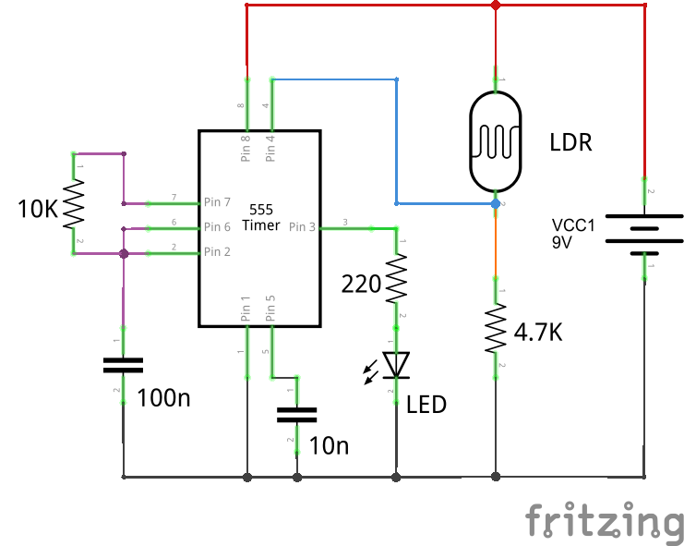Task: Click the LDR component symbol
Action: tap(496, 142)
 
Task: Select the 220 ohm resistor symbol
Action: tap(397, 279)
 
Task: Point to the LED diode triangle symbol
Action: tap(397, 365)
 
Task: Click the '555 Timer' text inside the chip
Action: tap(259, 218)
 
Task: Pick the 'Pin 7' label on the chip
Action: tap(217, 201)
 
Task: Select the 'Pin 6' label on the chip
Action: tap(217, 227)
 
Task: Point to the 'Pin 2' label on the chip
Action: tap(217, 251)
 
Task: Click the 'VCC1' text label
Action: tap(572, 225)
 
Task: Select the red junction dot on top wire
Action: tap(496, 6)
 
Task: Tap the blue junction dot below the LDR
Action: tap(496, 203)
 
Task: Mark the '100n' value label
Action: tap(163, 399)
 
